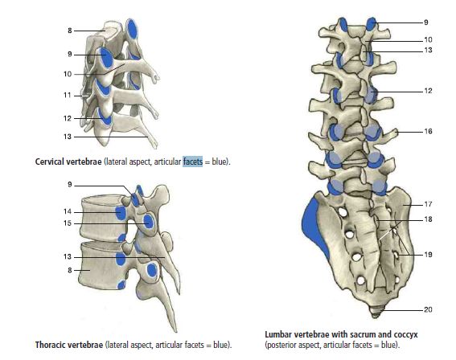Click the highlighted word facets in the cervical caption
(192, 162)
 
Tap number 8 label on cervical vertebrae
(70, 31)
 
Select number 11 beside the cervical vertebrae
(68, 96)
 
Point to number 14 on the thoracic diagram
(68, 211)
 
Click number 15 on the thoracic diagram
(68, 223)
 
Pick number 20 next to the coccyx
(428, 309)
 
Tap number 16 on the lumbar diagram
(428, 131)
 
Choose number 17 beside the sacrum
(428, 204)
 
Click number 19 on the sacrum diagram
(428, 255)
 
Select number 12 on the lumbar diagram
(428, 91)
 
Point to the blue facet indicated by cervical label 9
(106, 57)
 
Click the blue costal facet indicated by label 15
(149, 222)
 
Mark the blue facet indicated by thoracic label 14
(121, 213)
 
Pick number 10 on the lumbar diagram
(428, 39)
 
